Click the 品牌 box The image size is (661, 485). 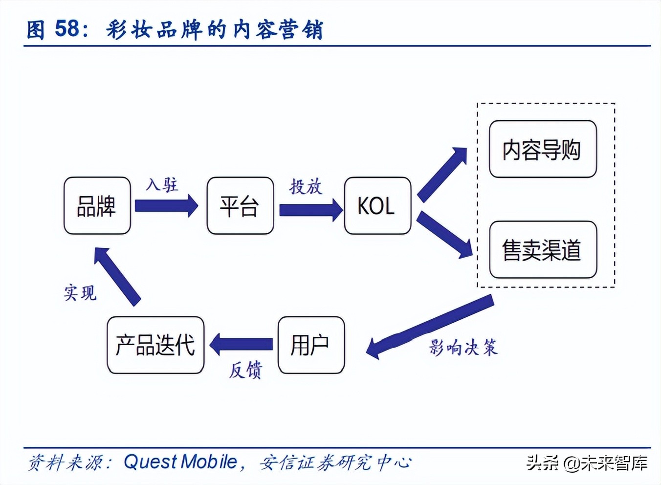(x=97, y=206)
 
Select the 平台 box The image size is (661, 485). (x=240, y=206)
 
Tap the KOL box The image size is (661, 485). (x=377, y=206)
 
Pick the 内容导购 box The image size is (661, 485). (x=543, y=149)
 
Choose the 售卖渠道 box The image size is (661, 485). (x=543, y=250)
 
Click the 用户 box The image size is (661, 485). (x=311, y=345)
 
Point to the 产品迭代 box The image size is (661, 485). (x=155, y=345)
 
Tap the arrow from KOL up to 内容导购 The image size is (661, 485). (x=441, y=175)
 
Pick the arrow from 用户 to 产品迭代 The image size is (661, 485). (x=242, y=344)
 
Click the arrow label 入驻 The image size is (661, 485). (x=162, y=185)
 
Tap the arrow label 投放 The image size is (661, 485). (x=306, y=187)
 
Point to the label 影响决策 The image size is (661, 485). (x=463, y=348)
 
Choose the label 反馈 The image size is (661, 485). (x=245, y=370)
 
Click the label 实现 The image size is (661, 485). (x=80, y=293)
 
